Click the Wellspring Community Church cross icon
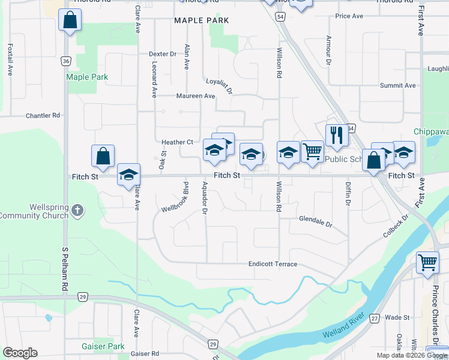point(77,210)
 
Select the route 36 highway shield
point(66,61)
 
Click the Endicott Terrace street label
point(273,264)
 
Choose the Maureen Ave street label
point(195,96)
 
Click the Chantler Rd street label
point(43,115)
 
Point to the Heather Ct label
point(177,142)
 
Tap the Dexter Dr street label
point(162,54)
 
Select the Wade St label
point(397,317)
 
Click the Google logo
point(20,352)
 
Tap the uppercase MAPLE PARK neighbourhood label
point(201,20)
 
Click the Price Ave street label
point(350,16)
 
